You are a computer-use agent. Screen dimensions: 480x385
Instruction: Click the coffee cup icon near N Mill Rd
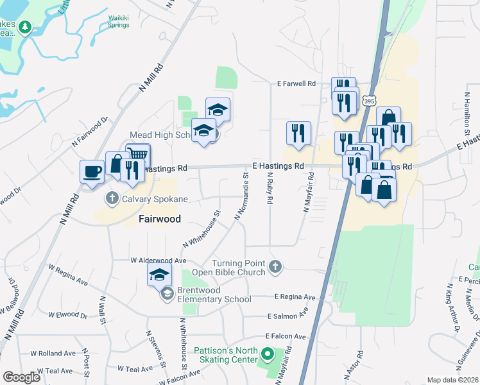click(x=91, y=172)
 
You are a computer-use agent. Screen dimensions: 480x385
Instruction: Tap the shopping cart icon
click(x=138, y=155)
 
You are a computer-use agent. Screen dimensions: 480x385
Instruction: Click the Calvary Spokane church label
click(x=156, y=199)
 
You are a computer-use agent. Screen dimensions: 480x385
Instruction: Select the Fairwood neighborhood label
click(x=160, y=219)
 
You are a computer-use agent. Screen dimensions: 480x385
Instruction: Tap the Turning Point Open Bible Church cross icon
click(x=275, y=267)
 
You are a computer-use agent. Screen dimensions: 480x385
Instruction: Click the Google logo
click(x=21, y=377)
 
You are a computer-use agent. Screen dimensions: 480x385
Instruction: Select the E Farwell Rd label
click(x=296, y=83)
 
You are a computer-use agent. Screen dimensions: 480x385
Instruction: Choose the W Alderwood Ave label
click(x=158, y=261)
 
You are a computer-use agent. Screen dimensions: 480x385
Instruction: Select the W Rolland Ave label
click(x=55, y=353)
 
